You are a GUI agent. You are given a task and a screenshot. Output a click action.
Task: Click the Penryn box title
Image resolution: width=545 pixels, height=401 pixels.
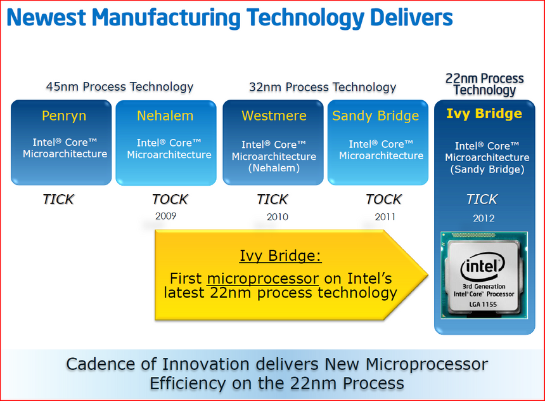[x=64, y=116]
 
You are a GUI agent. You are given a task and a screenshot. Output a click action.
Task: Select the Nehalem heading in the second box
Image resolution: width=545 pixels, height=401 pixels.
[x=165, y=116]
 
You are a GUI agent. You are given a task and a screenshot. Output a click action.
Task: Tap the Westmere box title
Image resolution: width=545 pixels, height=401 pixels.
[x=274, y=116]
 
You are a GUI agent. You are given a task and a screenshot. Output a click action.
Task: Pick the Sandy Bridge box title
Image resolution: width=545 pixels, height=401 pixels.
[x=375, y=116]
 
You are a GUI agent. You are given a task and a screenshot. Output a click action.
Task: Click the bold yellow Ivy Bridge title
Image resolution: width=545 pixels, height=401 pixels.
[x=484, y=114]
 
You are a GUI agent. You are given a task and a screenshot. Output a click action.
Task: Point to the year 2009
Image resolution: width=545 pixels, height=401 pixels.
[x=165, y=216]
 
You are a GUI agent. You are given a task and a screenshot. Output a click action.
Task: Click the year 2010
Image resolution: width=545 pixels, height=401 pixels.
[x=277, y=217]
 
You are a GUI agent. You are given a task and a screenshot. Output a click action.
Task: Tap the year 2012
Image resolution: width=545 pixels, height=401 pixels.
[x=483, y=219]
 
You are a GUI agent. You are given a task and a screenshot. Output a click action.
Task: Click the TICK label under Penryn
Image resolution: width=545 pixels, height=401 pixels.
[x=58, y=199]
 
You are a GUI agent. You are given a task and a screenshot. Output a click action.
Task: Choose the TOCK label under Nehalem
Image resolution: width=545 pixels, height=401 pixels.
[x=170, y=199]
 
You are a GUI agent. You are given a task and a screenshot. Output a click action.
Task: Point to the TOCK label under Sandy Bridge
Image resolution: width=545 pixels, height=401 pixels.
[x=383, y=199]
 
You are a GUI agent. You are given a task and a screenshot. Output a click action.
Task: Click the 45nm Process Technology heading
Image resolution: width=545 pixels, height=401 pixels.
[x=120, y=87]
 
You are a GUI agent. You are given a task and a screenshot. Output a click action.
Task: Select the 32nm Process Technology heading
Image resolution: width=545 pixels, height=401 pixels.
[x=323, y=87]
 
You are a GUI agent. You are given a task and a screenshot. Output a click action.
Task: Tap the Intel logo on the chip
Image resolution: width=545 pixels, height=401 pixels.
[x=483, y=267]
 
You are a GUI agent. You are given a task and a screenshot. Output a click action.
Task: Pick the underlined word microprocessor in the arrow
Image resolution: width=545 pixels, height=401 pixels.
[x=262, y=279]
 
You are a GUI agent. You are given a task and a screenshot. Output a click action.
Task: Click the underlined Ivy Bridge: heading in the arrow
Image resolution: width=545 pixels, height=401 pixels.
[x=280, y=256]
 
